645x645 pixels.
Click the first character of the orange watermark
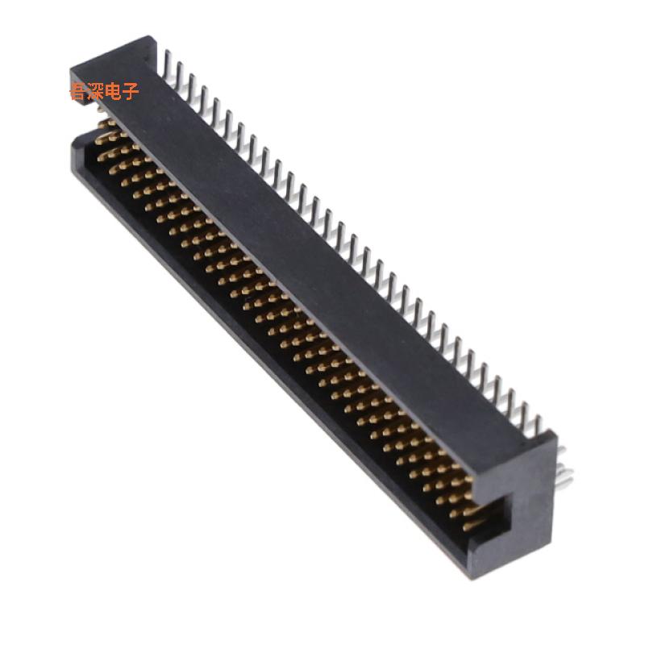point(78,92)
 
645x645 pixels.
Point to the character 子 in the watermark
point(131,92)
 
